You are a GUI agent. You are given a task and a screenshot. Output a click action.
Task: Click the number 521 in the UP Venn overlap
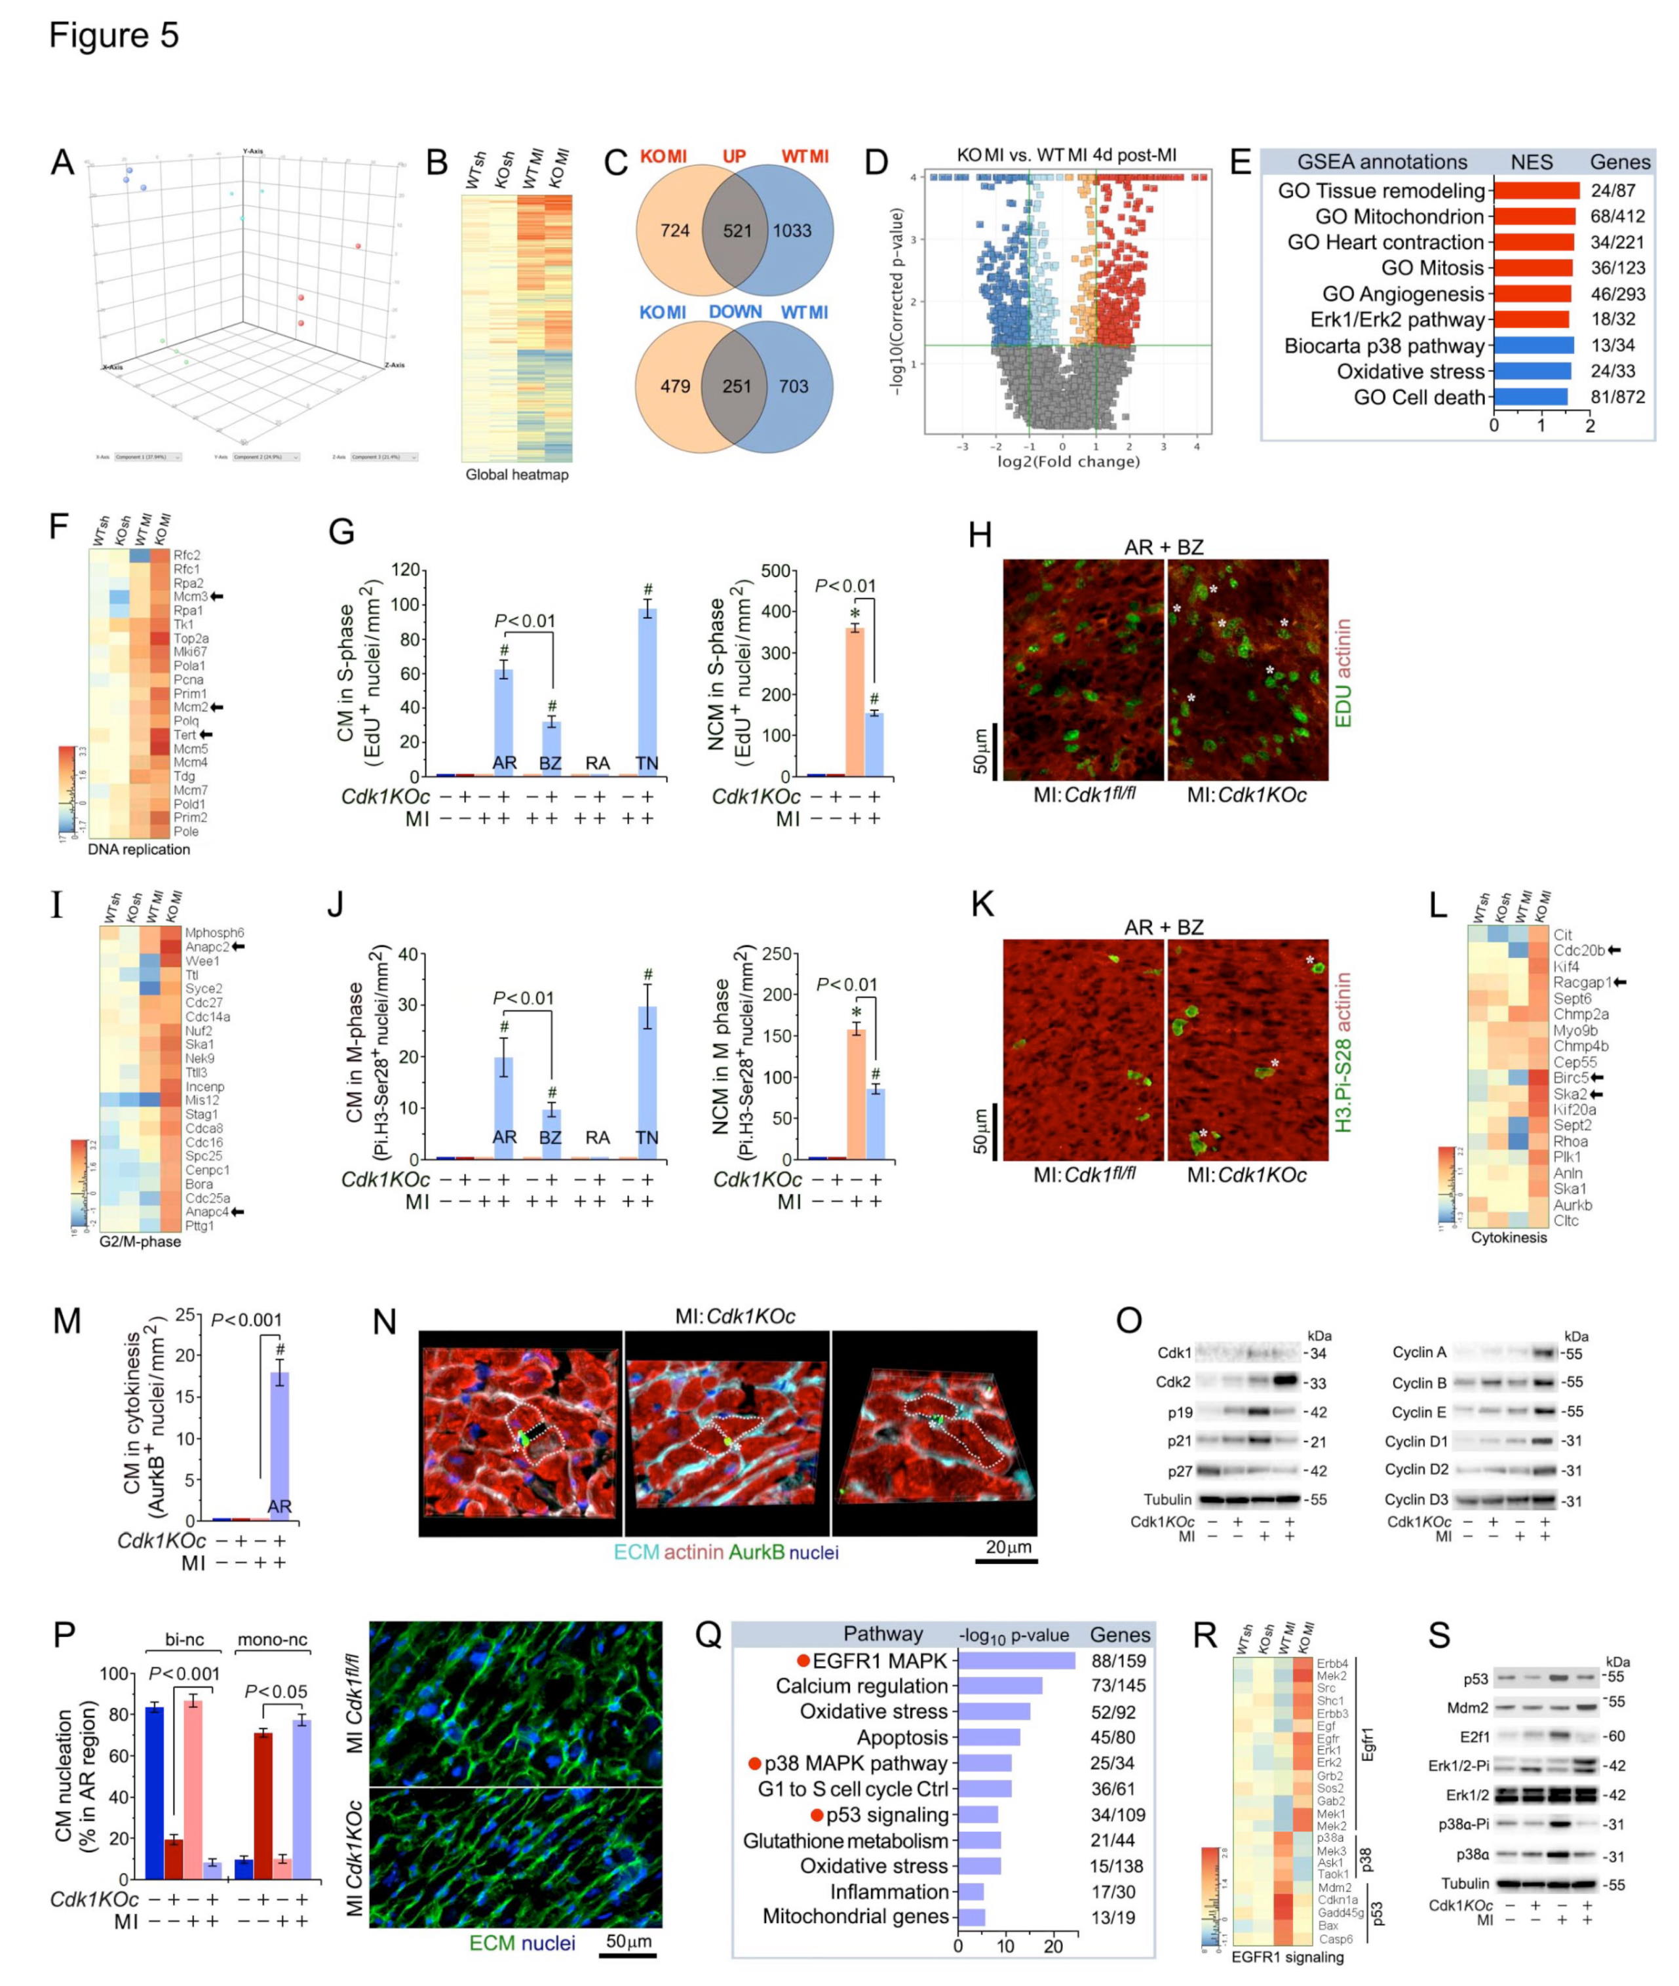tap(737, 230)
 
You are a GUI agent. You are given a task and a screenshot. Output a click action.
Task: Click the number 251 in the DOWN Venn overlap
tap(737, 387)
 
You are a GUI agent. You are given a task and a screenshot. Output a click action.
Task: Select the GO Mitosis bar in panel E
tap(1534, 268)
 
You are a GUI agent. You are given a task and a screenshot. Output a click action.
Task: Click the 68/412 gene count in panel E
tap(1617, 217)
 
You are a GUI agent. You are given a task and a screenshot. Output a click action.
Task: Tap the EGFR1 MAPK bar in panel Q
tap(1016, 1660)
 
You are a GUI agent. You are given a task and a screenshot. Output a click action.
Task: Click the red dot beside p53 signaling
tap(817, 1815)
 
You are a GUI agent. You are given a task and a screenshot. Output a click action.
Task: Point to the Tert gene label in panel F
tap(185, 735)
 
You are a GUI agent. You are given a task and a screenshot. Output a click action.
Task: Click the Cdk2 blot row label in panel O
tap(1174, 1381)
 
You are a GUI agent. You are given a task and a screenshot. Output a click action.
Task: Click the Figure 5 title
tap(113, 35)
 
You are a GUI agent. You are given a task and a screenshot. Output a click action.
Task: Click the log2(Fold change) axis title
tap(1068, 462)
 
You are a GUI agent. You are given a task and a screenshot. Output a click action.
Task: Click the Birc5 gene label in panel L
tap(1570, 1078)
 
